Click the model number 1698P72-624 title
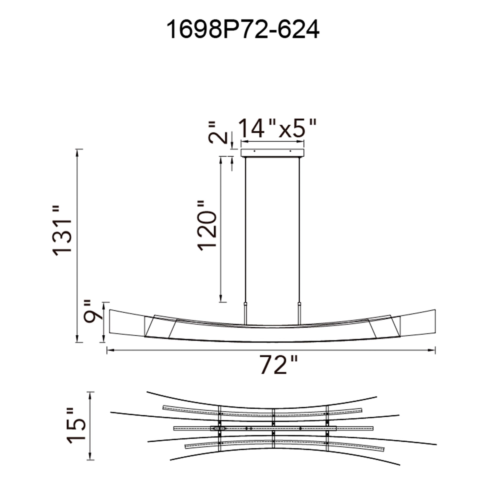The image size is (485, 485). click(242, 30)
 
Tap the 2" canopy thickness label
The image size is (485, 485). click(216, 132)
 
